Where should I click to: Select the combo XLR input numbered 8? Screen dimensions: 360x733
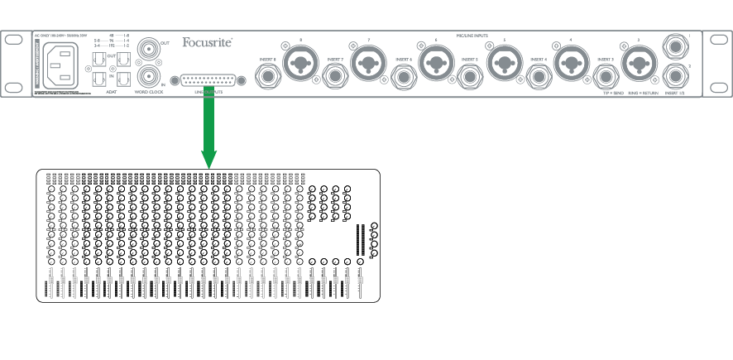[299, 60]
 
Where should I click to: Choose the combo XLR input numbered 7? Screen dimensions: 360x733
[368, 60]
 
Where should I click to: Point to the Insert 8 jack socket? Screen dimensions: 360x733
[269, 78]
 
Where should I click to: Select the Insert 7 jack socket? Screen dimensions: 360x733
[337, 78]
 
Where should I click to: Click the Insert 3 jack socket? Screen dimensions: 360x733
[606, 78]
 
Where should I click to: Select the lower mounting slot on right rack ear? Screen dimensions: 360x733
[717, 86]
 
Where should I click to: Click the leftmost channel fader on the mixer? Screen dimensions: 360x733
[46, 289]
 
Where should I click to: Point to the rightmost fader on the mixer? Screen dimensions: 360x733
[360, 286]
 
